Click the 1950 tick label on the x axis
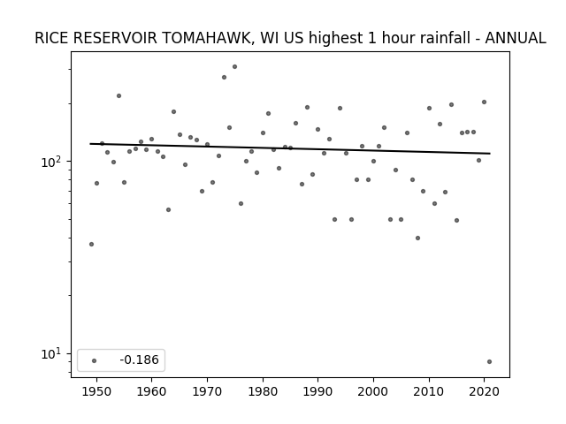click(x=96, y=391)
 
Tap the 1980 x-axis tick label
click(x=263, y=391)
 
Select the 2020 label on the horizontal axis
click(x=485, y=391)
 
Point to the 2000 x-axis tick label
click(x=373, y=391)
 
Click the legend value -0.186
click(x=140, y=360)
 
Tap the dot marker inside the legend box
click(x=95, y=360)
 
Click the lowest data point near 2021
click(x=489, y=361)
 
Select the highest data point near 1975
click(x=234, y=67)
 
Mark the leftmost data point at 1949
click(x=91, y=244)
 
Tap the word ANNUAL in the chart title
click(x=515, y=38)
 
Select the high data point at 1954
click(x=119, y=96)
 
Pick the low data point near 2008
click(x=417, y=238)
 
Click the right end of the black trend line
click(x=490, y=154)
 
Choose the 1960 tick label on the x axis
click(x=151, y=391)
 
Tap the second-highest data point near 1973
click(x=224, y=77)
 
